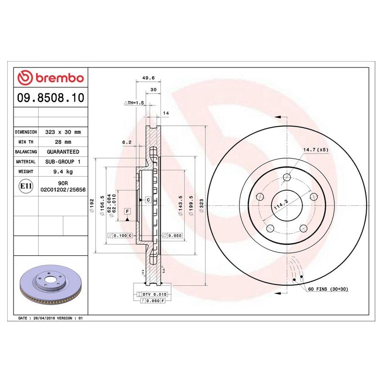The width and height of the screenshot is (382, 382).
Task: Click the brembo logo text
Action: (x=50, y=78)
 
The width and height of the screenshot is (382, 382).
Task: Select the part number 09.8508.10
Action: (x=50, y=98)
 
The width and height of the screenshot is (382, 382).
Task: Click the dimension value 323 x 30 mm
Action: (x=62, y=132)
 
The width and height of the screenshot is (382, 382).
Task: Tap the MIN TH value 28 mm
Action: (x=62, y=142)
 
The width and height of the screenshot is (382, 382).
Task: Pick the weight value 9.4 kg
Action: (x=62, y=172)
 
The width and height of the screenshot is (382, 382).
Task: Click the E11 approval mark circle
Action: (x=26, y=186)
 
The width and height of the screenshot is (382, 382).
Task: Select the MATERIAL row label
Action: (x=26, y=162)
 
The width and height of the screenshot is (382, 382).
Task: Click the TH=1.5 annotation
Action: (x=133, y=103)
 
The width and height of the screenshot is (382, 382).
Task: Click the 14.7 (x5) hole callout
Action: (x=316, y=149)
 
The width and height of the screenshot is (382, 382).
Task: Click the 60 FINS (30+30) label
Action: (x=328, y=290)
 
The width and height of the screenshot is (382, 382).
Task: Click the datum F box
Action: (x=128, y=211)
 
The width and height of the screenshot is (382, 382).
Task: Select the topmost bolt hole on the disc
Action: (x=287, y=177)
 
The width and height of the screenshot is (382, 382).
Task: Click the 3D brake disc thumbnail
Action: (x=50, y=284)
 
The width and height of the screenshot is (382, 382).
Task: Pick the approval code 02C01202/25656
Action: (x=62, y=190)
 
